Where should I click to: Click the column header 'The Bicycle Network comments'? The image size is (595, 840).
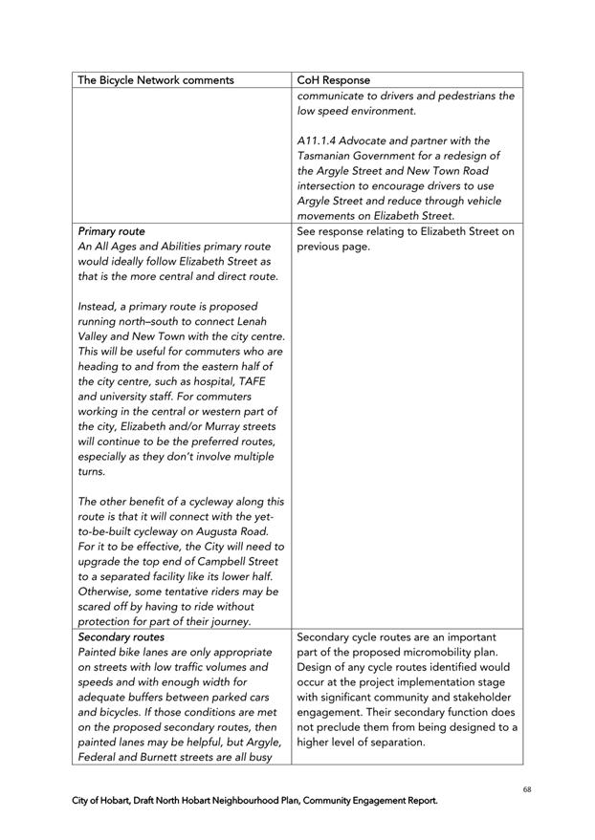coord(155,80)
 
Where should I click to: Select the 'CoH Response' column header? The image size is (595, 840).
coord(334,80)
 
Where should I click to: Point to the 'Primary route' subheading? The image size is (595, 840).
coord(112,231)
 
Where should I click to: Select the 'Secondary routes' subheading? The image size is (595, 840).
coord(121,636)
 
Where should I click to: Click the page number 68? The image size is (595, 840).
coord(527,789)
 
